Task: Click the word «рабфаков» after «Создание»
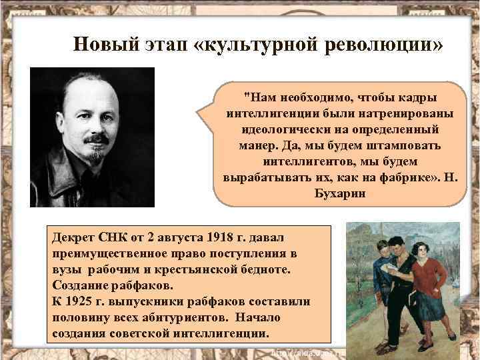[x=140, y=285]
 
